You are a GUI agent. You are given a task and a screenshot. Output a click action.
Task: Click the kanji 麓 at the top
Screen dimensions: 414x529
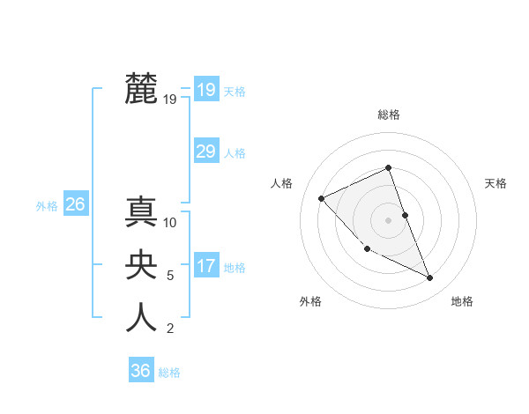coord(142,88)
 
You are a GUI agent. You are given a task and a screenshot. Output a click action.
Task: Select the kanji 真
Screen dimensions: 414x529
coord(142,212)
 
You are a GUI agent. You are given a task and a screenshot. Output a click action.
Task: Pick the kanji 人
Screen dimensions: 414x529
coord(142,317)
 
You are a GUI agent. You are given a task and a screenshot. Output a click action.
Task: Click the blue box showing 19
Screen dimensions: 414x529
coord(205,89)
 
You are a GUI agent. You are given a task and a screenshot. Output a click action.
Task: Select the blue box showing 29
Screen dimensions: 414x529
coord(205,152)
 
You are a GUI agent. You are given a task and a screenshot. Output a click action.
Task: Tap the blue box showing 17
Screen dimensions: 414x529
coord(205,266)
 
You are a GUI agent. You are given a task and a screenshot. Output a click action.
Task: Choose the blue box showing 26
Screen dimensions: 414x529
coord(75,205)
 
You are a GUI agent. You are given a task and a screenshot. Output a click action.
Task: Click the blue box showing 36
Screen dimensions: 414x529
coord(140,371)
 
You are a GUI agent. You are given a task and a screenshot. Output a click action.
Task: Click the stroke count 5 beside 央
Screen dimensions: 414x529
coord(170,276)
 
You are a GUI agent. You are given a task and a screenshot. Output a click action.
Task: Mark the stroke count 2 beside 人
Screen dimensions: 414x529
coord(170,329)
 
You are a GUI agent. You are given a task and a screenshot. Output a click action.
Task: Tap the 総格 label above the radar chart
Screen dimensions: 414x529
coord(389,115)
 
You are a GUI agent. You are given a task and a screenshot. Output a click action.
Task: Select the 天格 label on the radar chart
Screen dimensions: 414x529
coord(495,183)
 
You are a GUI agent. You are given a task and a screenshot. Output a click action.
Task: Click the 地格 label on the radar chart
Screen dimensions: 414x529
coord(462,302)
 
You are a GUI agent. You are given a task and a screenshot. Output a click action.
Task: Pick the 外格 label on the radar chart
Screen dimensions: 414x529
coord(310,302)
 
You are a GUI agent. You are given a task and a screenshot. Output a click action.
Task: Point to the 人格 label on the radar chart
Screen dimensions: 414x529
coord(280,183)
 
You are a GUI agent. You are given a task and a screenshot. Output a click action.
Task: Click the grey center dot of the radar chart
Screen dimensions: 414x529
coord(388,219)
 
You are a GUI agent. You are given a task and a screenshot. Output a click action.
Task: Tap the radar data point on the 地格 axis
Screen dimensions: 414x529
coord(430,278)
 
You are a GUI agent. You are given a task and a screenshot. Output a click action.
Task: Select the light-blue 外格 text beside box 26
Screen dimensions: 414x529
coord(47,206)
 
